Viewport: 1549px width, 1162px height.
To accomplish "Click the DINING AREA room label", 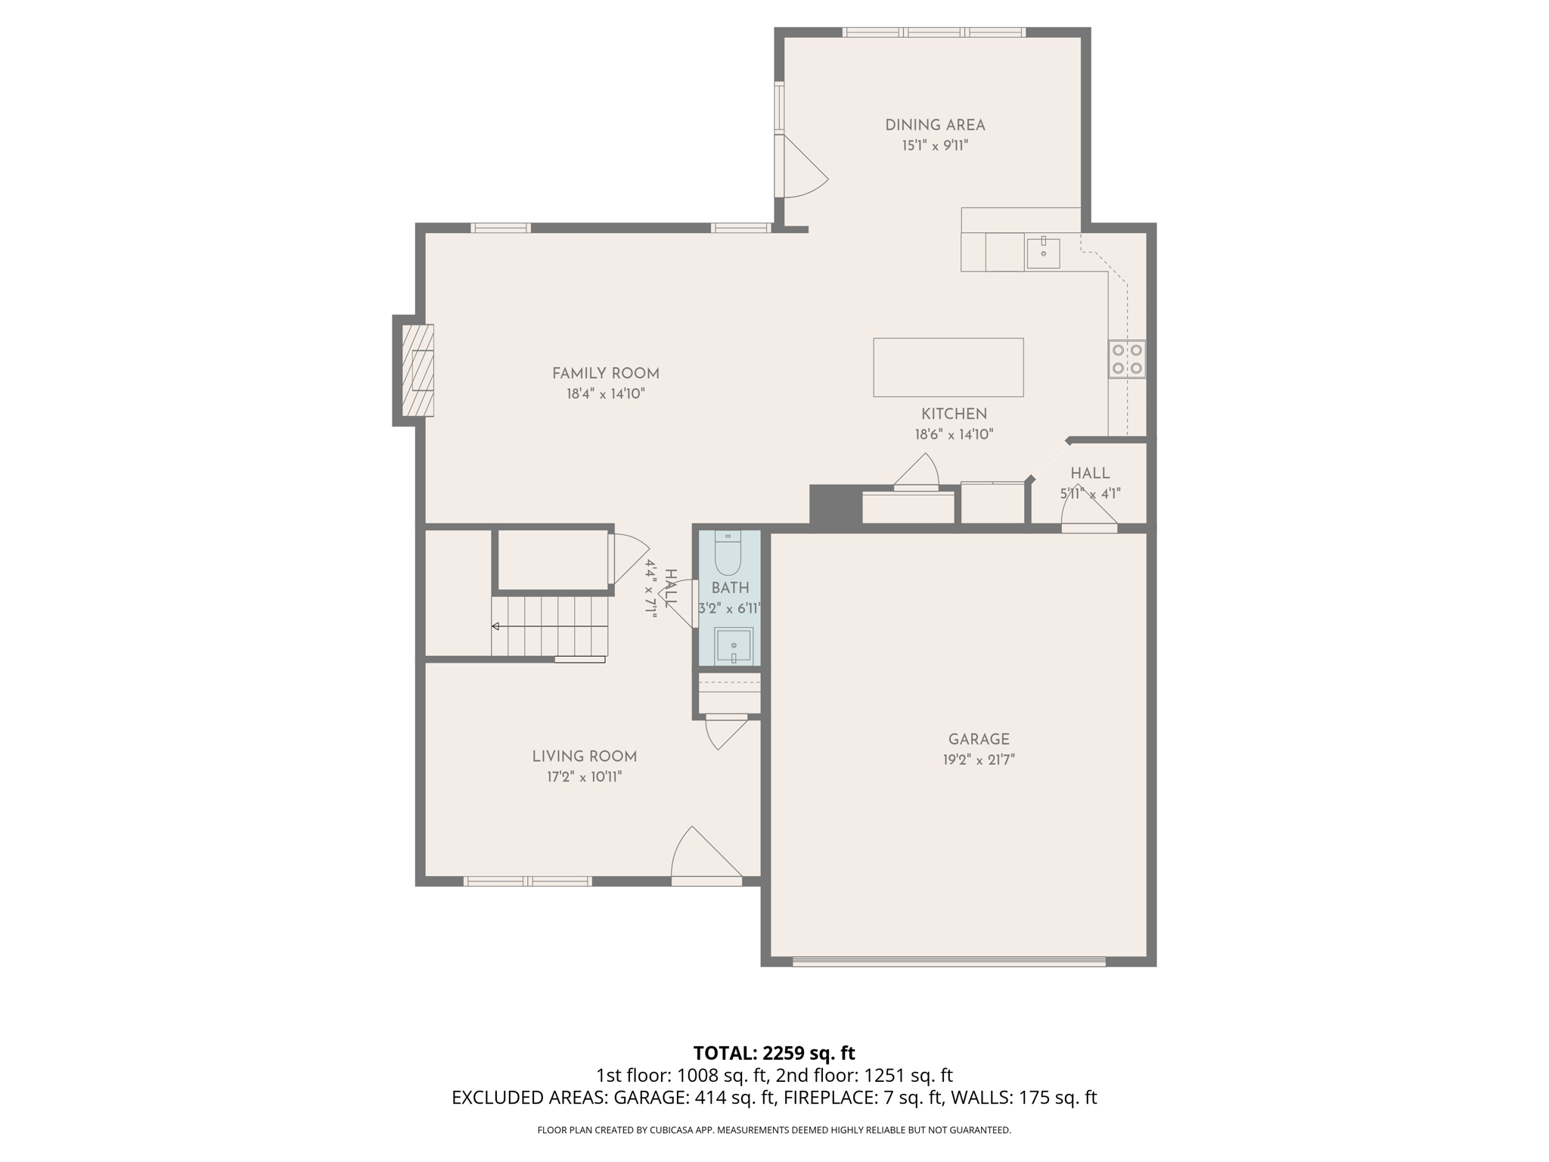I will pos(935,126).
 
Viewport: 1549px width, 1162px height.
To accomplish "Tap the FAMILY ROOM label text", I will pos(605,374).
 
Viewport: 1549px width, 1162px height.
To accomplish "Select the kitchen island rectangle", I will pos(948,368).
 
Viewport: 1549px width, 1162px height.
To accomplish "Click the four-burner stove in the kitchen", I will pos(1126,359).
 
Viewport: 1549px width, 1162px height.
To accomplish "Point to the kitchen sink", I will pos(1043,253).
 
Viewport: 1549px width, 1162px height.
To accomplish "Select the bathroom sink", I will pos(734,645).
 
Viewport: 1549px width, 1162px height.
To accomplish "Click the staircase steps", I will pos(550,626).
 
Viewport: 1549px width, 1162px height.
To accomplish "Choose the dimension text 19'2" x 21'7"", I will pos(979,760).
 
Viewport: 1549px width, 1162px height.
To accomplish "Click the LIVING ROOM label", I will pos(584,757).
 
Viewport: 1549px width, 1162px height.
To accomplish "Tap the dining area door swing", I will pos(803,168).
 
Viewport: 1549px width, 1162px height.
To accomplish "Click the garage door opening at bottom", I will pos(948,962).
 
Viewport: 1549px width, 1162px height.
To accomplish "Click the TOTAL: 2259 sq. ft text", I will pos(774,1053).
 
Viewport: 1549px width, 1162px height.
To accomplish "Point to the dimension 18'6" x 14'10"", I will pos(953,435).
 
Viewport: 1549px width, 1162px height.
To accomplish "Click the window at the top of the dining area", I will pos(933,33).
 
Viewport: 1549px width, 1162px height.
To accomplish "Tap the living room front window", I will pos(527,881).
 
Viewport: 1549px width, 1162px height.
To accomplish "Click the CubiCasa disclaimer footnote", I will pos(774,1130).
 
